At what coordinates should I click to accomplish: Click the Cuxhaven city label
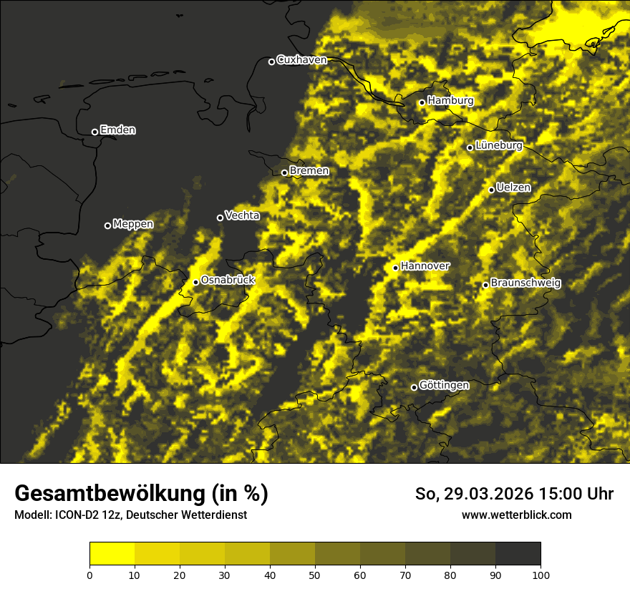click(301, 60)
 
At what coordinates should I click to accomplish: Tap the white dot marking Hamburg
click(422, 102)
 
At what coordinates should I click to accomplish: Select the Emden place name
click(117, 130)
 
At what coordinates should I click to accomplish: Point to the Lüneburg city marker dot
click(470, 147)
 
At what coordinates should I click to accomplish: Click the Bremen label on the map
click(309, 171)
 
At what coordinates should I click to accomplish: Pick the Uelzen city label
click(513, 188)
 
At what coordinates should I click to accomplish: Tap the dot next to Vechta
click(220, 218)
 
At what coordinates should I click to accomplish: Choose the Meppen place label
click(133, 224)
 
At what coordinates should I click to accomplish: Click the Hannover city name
click(425, 266)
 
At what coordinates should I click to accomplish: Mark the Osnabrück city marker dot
click(195, 282)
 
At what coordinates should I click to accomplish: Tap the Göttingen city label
click(444, 386)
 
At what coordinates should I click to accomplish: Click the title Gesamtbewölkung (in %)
click(141, 494)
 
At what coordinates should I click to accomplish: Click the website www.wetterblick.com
click(516, 515)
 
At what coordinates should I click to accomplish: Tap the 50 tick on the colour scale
click(315, 574)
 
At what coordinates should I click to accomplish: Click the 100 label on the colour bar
click(541, 574)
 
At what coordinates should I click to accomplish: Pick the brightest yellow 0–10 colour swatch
click(112, 554)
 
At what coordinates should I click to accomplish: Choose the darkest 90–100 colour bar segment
click(518, 554)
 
